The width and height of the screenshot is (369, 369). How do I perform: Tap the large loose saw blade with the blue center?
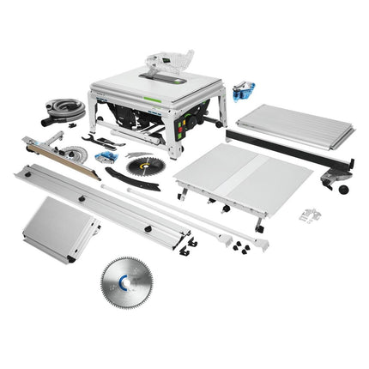(130, 282)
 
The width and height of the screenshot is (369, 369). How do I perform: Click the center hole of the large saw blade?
(130, 284)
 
